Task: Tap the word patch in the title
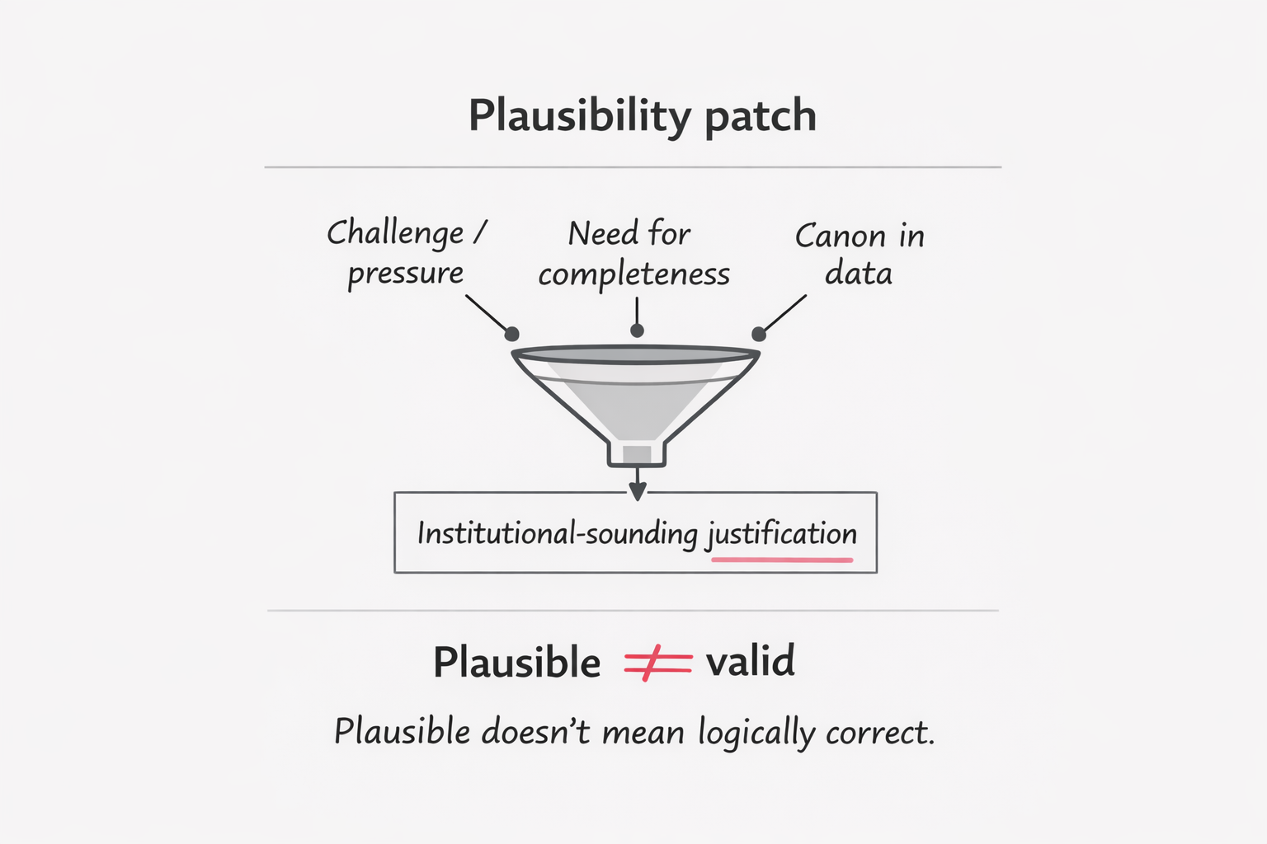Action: point(760,115)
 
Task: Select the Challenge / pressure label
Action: point(406,252)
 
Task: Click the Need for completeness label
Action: point(633,253)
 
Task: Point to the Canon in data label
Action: point(859,254)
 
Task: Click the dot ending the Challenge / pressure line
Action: point(511,334)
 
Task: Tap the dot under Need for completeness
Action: point(637,331)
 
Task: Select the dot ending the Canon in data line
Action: point(759,334)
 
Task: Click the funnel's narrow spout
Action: point(637,454)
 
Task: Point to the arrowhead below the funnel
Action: point(637,491)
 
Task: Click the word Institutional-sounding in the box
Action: point(558,533)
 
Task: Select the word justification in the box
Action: point(781,534)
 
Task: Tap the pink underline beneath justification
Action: point(781,560)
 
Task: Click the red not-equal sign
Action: point(657,663)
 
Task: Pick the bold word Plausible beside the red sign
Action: point(517,663)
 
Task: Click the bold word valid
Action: point(751,661)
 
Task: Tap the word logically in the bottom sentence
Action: point(756,733)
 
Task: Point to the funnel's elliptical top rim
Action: point(635,354)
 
